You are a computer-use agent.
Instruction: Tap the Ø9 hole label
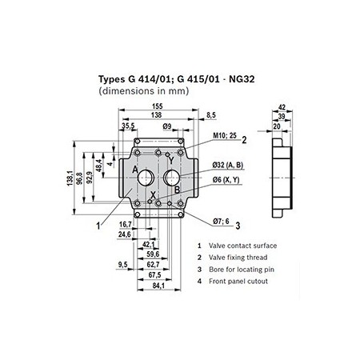168,126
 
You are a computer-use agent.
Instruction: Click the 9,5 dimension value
122,264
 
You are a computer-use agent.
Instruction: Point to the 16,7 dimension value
124,225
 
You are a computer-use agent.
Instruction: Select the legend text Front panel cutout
236,281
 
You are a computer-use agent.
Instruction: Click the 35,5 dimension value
128,126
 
